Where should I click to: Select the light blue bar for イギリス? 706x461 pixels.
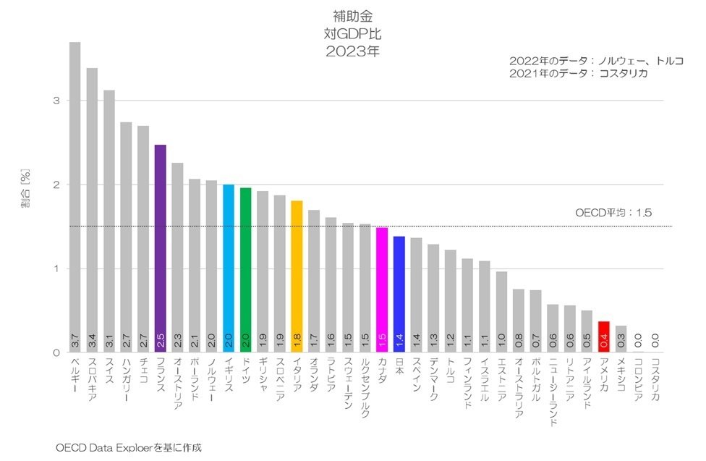[229, 268]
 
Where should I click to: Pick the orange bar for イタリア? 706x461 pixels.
[297, 276]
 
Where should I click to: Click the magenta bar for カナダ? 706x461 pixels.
[382, 289]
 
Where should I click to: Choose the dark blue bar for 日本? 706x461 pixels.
[399, 294]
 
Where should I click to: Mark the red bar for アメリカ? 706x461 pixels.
[604, 337]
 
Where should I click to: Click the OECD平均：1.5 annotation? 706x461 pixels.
[613, 213]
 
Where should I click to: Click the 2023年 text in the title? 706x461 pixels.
[352, 51]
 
